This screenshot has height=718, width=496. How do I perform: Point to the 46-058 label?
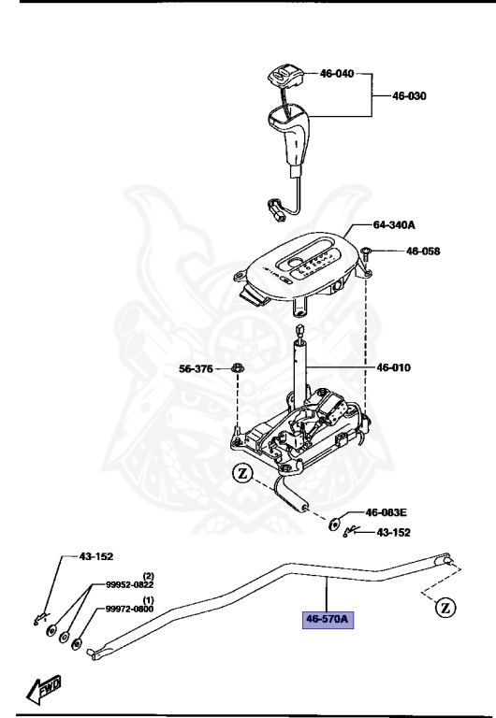pos(424,251)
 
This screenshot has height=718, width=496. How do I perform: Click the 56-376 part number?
pos(197,368)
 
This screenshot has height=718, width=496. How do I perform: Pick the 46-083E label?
pos(386,512)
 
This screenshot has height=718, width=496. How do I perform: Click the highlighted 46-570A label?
pos(326,619)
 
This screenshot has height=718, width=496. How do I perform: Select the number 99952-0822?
pos(129,584)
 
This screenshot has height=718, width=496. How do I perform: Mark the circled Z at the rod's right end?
pos(446,609)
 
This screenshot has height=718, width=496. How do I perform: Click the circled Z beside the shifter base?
pos(243,474)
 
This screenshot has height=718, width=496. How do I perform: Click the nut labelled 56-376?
pos(238,368)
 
